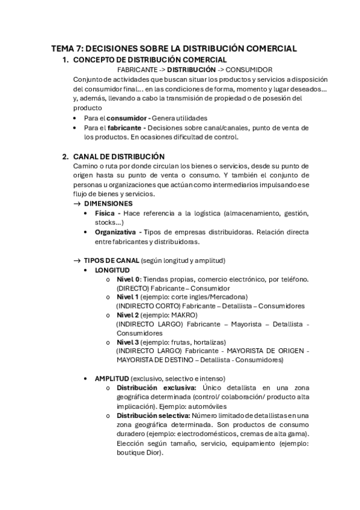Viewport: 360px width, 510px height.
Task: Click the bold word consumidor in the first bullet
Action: coord(130,118)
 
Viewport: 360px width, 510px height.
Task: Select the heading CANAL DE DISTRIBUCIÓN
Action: coord(118,156)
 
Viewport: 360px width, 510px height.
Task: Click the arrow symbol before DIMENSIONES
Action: coord(76,204)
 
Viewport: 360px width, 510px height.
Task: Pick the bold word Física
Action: coord(106,214)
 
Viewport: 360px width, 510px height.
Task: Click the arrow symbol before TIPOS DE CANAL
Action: coord(76,260)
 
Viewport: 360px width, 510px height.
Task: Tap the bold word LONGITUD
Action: coord(112,270)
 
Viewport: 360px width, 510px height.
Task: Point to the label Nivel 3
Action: coord(127,342)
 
